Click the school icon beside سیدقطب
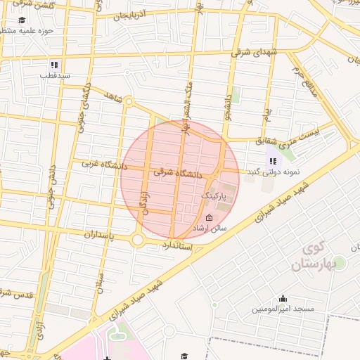[56, 65]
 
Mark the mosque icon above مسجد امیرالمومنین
[283, 298]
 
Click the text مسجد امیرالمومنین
[283, 309]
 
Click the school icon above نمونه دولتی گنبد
[271, 161]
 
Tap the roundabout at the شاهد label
[129, 101]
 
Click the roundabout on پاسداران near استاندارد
[137, 240]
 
